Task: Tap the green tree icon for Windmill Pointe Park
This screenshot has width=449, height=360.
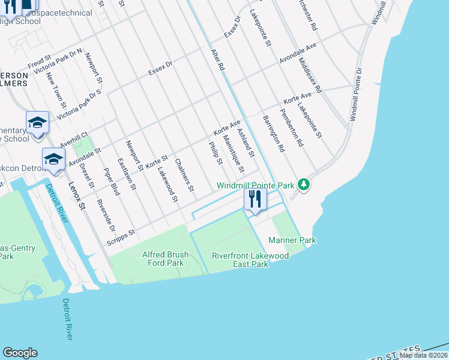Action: point(304,184)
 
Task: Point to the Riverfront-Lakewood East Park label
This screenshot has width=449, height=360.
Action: point(250,260)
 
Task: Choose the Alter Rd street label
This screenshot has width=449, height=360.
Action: point(217,60)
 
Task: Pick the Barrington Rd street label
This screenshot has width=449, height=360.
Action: point(274,133)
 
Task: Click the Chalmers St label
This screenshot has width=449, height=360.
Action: point(184,175)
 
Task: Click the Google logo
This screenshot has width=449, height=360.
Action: point(20,353)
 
